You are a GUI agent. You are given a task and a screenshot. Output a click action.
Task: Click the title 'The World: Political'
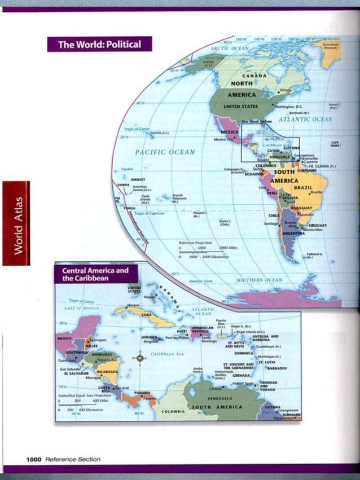click(x=99, y=44)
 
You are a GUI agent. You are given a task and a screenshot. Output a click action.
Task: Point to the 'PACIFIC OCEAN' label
click(x=165, y=152)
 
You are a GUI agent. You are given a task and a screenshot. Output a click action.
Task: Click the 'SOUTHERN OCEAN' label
click(x=259, y=280)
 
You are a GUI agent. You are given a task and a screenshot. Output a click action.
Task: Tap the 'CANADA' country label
click(x=254, y=76)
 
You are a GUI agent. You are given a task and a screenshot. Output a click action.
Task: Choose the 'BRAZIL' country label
click(x=303, y=187)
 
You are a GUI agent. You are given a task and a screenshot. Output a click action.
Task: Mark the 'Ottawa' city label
click(x=286, y=90)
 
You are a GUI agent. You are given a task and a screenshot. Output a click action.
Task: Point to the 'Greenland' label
click(x=331, y=45)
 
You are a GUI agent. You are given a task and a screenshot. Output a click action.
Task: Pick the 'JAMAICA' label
click(x=149, y=336)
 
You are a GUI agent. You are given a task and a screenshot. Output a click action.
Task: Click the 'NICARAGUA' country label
click(x=107, y=372)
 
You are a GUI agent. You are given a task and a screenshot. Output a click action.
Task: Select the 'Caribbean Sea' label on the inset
click(x=164, y=354)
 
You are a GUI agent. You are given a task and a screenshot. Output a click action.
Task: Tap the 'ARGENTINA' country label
click(x=293, y=233)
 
